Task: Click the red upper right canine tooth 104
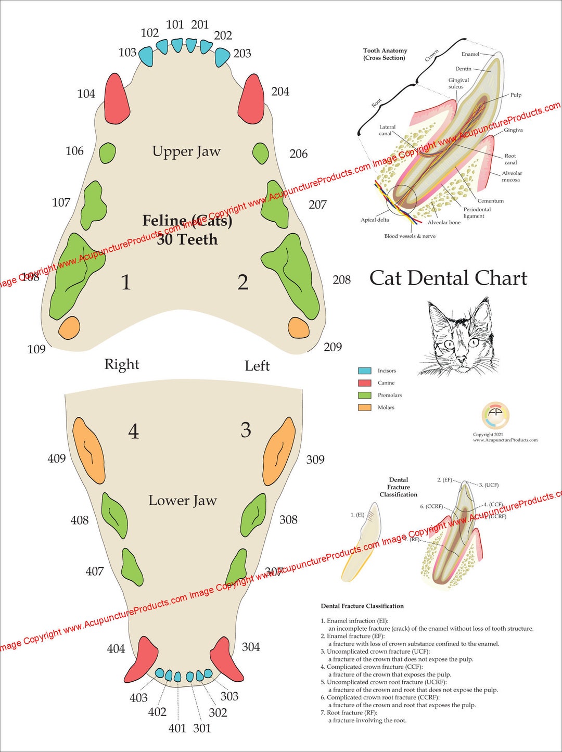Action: tap(117, 98)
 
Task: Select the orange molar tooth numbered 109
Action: tap(69, 328)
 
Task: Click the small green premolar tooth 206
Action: tap(260, 153)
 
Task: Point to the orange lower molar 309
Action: tap(279, 450)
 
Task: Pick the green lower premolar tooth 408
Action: tap(114, 515)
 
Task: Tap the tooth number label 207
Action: tap(317, 205)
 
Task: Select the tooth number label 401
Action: tap(177, 728)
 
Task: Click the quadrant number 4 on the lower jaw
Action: tap(134, 431)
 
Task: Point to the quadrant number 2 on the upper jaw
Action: tap(242, 282)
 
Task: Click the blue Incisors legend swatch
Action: tap(364, 371)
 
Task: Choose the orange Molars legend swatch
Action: tap(364, 407)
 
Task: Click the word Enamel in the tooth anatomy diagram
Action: tap(470, 54)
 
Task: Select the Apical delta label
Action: tap(375, 220)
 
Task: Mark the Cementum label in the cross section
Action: tap(490, 201)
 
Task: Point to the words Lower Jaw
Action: tap(182, 501)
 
